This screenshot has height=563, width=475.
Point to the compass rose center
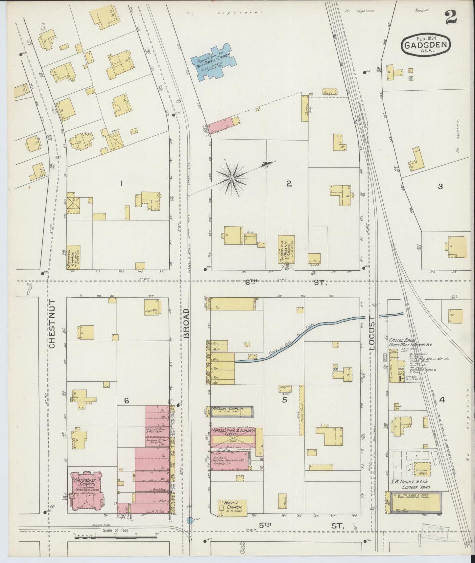point(232,178)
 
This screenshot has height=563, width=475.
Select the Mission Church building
point(232,411)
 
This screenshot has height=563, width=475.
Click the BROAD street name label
point(187,323)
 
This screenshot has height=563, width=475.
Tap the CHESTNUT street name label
point(53,323)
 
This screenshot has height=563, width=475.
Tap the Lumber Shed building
point(422,472)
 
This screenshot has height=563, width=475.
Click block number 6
point(127,400)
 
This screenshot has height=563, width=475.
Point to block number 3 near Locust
point(440,187)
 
